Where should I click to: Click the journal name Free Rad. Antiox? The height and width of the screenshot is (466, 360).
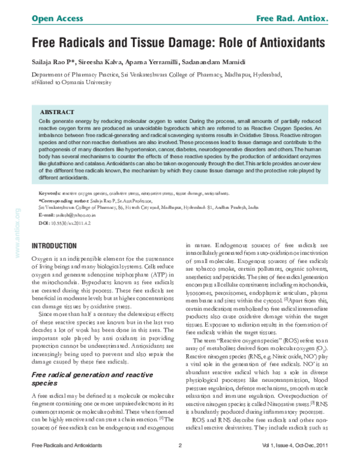[x=292, y=19]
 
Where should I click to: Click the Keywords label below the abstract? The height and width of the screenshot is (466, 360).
[x=49, y=194]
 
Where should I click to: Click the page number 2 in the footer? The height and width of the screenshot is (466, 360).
[x=179, y=445]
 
